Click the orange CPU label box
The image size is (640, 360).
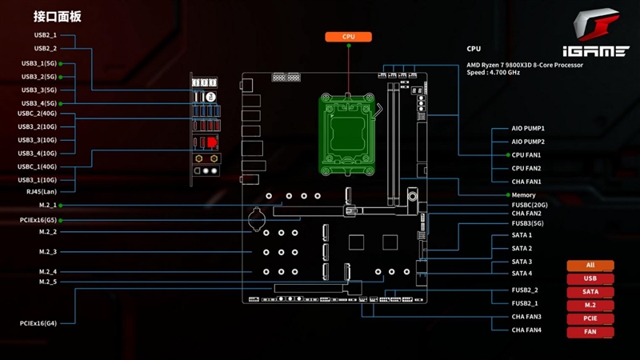349,37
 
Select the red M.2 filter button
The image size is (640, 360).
590,306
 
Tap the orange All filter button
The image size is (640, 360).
590,266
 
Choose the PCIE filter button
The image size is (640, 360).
590,318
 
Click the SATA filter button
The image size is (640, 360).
590,292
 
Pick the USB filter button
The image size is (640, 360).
590,278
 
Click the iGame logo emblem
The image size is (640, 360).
598,26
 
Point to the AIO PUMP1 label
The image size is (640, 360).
527,128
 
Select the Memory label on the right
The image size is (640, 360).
524,195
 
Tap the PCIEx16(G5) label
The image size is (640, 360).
38,219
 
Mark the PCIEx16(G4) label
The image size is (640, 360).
38,323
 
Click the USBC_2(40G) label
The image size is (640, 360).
37,114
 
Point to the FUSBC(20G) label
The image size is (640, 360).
530,205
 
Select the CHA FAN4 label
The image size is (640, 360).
526,330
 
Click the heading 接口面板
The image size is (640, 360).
58,16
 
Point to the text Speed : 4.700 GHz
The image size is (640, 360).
493,73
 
